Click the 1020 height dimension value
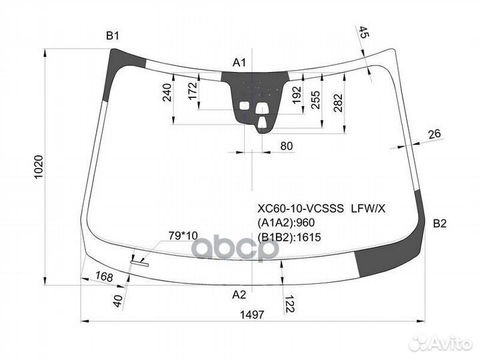[x=39, y=167]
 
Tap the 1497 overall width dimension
[x=252, y=315]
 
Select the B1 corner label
[x=113, y=36]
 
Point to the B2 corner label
[x=440, y=224]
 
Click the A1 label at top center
[x=239, y=63]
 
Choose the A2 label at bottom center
[x=239, y=295]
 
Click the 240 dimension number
[x=167, y=92]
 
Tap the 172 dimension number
[x=193, y=91]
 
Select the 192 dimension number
[x=297, y=95]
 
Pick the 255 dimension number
[x=315, y=99]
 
